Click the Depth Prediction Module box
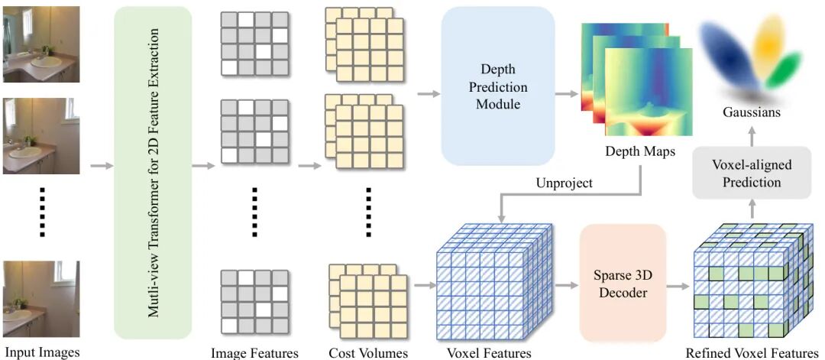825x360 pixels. tap(498, 86)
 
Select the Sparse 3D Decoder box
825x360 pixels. tap(623, 283)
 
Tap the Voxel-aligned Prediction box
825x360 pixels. tap(752, 174)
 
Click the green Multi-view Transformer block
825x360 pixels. tap(152, 172)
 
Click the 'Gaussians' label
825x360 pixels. tap(752, 112)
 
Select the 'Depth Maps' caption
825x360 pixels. tap(640, 151)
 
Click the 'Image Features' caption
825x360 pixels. tap(254, 353)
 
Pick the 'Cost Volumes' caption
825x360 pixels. tap(368, 353)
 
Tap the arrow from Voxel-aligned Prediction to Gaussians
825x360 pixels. tap(752, 134)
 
